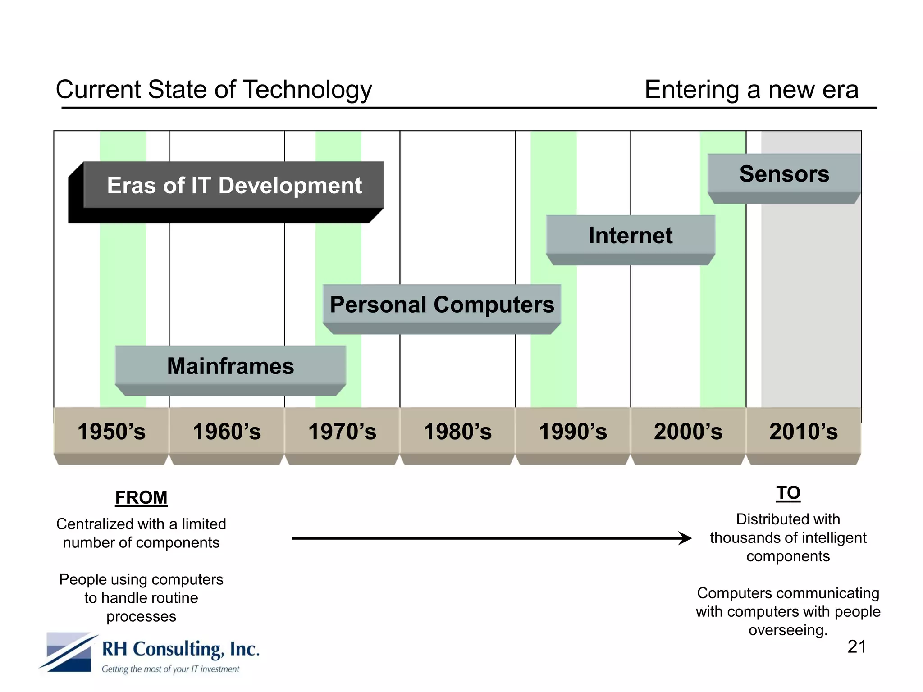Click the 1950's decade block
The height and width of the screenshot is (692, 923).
coord(111,432)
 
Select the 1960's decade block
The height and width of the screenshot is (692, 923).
coord(227,432)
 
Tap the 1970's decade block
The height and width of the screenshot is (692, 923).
coord(342,432)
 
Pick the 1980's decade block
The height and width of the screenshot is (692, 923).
coord(457,432)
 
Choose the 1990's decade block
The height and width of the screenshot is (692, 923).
coord(573,432)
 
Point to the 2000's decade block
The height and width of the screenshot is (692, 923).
coord(688,432)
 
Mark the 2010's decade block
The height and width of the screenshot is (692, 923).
coord(804,432)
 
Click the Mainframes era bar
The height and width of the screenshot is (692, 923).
coord(230,366)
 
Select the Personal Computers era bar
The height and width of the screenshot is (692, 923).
coord(442,305)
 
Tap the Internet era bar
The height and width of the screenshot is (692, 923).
coord(631,236)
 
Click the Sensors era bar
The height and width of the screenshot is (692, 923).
coord(784,174)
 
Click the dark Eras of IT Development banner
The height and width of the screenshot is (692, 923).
coord(234,186)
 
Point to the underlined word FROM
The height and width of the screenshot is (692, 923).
coord(141,497)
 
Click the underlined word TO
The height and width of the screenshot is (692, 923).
coord(788,493)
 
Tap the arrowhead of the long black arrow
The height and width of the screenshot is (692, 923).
coord(685,538)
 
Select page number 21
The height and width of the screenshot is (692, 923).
coord(856,646)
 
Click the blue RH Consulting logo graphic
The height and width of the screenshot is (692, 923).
coord(69,652)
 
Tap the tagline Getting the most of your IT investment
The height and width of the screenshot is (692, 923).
coord(170,669)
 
